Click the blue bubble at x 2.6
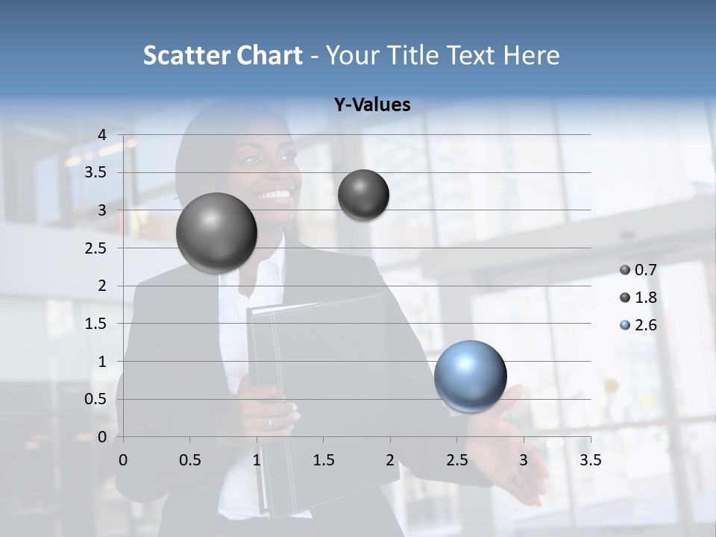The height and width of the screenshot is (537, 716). pos(470,376)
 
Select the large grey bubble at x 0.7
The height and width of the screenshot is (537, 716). pos(216,233)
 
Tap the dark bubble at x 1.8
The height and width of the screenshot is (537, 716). pos(363,195)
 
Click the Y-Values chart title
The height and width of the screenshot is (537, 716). pos(372,105)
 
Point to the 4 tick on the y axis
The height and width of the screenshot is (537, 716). pos(102,135)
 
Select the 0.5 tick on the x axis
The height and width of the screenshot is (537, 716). pos(189,460)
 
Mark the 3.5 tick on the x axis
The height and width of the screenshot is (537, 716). pos(590,460)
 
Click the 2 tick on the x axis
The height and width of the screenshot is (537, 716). pos(390,460)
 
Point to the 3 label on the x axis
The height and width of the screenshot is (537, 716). pos(524,460)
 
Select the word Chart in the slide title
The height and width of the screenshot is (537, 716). pos(270,55)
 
